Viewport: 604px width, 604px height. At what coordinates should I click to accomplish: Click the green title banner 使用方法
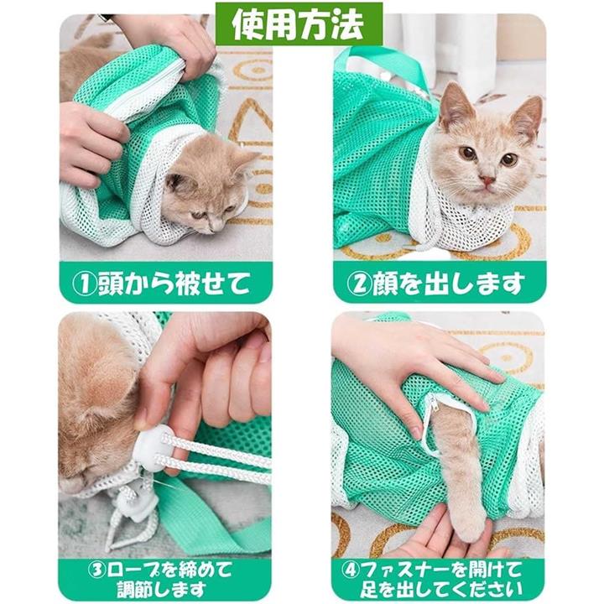[299, 23]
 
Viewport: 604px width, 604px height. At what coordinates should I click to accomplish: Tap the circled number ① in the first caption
[85, 284]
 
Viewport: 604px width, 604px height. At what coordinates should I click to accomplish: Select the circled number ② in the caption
[359, 284]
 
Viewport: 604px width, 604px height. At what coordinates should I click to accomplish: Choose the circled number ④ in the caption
[351, 569]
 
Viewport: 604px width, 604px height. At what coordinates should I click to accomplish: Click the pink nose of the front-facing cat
[488, 180]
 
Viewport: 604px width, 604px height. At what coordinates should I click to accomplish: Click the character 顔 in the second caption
[384, 284]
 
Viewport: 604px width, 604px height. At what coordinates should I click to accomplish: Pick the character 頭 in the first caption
[110, 284]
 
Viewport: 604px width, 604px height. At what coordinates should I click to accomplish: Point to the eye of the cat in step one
[199, 215]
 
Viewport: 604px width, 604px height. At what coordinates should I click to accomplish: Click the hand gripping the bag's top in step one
[169, 43]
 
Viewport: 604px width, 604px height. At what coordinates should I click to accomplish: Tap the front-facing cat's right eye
[470, 154]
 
